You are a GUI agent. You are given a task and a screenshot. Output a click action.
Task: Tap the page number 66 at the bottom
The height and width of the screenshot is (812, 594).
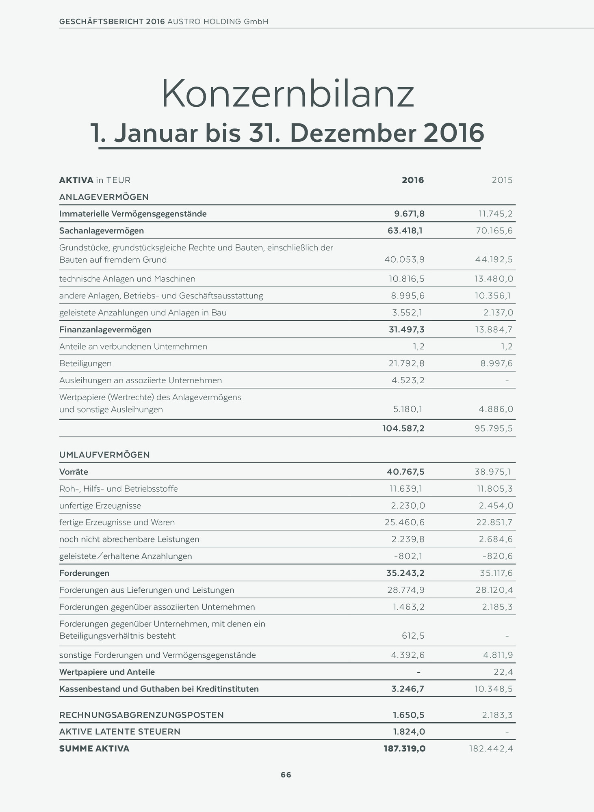pyautogui.click(x=286, y=775)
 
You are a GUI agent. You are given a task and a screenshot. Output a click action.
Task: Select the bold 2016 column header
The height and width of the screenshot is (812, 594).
pyautogui.click(x=413, y=180)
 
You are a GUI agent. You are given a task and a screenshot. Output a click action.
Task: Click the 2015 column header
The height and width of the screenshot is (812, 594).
pyautogui.click(x=502, y=180)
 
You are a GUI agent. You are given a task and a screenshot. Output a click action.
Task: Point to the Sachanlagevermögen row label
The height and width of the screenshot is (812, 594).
pyautogui.click(x=102, y=231)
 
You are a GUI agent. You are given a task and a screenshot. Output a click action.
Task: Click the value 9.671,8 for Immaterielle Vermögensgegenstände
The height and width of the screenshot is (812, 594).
pyautogui.click(x=409, y=214)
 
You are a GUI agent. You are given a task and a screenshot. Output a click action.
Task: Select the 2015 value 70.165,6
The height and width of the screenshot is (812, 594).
pyautogui.click(x=494, y=231)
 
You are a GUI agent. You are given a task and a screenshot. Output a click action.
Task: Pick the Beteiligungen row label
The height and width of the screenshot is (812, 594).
pyautogui.click(x=85, y=363)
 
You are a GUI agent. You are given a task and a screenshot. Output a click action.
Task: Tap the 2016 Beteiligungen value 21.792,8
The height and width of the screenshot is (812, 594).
pyautogui.click(x=406, y=363)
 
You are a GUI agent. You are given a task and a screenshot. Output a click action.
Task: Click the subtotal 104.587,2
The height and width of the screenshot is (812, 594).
pyautogui.click(x=403, y=428)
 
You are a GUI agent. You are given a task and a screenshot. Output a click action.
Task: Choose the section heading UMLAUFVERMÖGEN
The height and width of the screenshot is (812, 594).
pyautogui.click(x=104, y=455)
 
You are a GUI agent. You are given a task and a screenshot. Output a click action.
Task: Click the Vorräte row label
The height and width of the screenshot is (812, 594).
pyautogui.click(x=74, y=472)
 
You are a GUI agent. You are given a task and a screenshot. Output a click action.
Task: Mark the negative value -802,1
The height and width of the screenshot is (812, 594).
pyautogui.click(x=409, y=556)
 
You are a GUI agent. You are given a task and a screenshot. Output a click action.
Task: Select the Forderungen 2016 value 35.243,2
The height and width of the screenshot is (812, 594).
pyautogui.click(x=405, y=573)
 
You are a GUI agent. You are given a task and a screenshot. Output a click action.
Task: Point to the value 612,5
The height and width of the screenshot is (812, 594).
pyautogui.click(x=413, y=636)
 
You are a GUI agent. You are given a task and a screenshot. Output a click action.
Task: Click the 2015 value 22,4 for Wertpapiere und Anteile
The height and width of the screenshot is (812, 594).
pyautogui.click(x=503, y=672)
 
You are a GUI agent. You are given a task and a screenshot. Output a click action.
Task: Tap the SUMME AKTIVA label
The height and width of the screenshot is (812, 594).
pyautogui.click(x=94, y=749)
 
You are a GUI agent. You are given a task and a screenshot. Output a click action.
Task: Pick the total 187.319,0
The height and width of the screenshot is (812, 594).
pyautogui.click(x=404, y=749)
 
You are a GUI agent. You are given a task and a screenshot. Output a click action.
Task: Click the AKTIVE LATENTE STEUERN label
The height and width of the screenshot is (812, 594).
pyautogui.click(x=120, y=732)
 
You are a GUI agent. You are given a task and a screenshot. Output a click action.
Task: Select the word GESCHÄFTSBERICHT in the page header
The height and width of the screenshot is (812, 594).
pyautogui.click(x=102, y=22)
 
